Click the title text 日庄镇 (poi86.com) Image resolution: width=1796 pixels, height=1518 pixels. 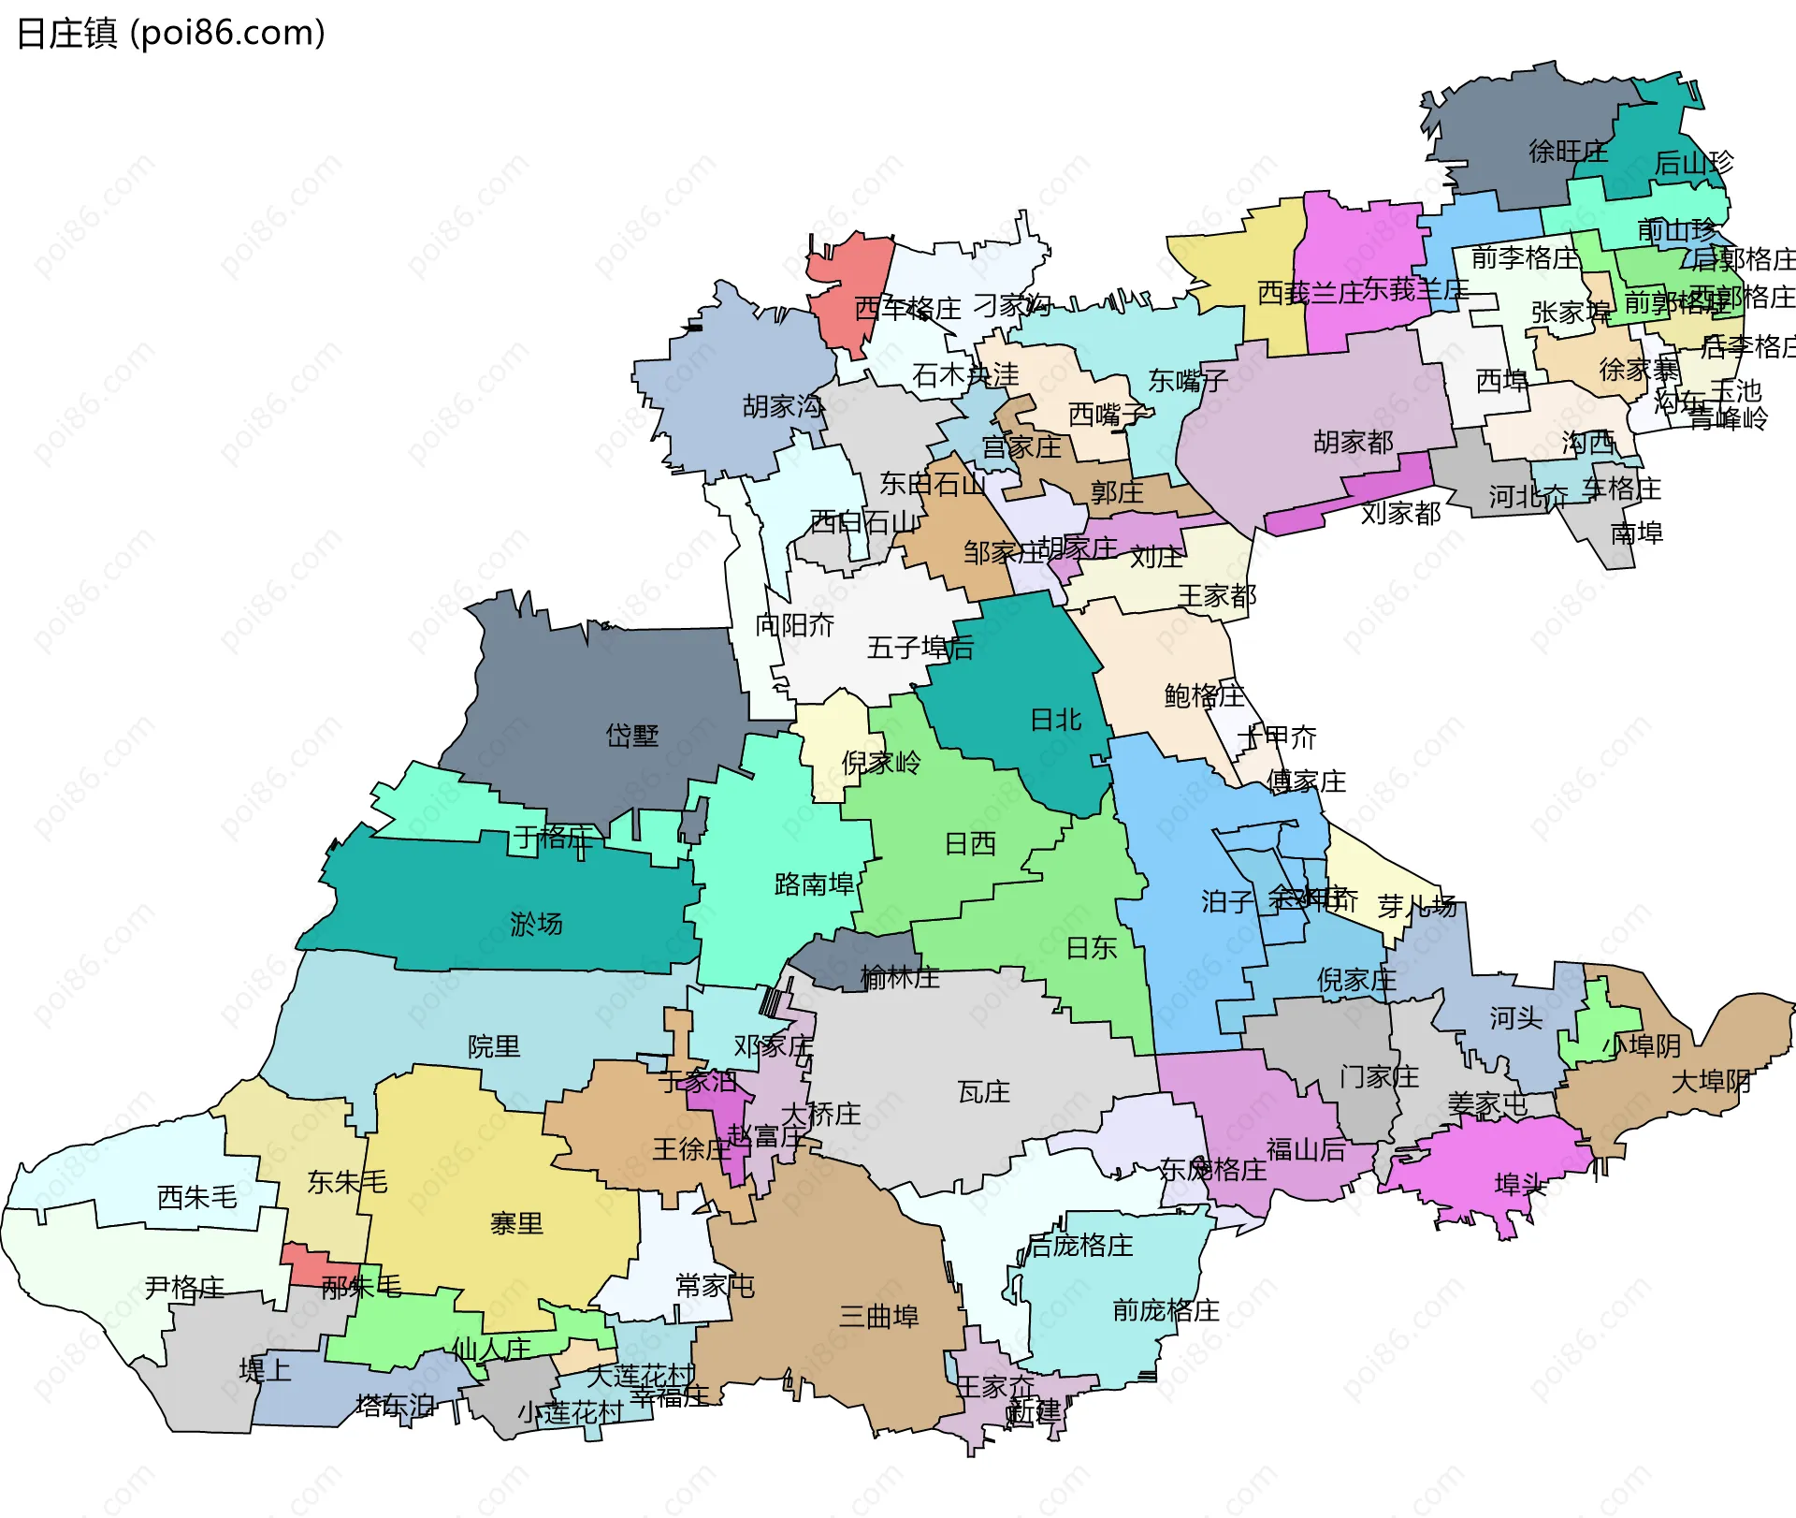click(x=171, y=33)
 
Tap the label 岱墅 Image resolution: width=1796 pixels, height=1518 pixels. click(x=631, y=736)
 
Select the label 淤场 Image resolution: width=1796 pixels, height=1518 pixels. click(x=536, y=925)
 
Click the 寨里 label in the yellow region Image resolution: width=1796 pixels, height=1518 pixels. click(x=515, y=1223)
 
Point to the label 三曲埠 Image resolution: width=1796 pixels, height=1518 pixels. click(x=878, y=1317)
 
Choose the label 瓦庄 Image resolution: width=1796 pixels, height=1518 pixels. click(x=983, y=1092)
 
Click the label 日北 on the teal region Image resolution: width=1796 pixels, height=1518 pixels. click(x=1055, y=720)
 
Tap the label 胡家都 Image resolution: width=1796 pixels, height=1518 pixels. click(x=1353, y=442)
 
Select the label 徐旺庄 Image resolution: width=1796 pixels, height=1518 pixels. click(x=1568, y=152)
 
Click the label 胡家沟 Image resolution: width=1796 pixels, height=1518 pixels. click(x=783, y=406)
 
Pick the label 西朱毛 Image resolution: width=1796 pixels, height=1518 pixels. click(x=196, y=1197)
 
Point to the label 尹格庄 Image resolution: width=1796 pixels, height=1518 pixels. click(x=184, y=1288)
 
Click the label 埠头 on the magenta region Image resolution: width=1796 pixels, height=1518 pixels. click(x=1520, y=1185)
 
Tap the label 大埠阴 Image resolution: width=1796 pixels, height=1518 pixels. click(x=1711, y=1082)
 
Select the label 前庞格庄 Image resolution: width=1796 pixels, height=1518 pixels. click(x=1166, y=1310)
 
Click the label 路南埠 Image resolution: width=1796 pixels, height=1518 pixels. click(x=814, y=884)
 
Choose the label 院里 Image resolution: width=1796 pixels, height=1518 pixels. click(x=493, y=1046)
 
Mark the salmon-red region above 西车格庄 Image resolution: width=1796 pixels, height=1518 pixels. click(x=851, y=281)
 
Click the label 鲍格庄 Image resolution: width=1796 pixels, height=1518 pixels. click(x=1204, y=695)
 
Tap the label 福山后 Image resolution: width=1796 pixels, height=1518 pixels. click(x=1305, y=1149)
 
